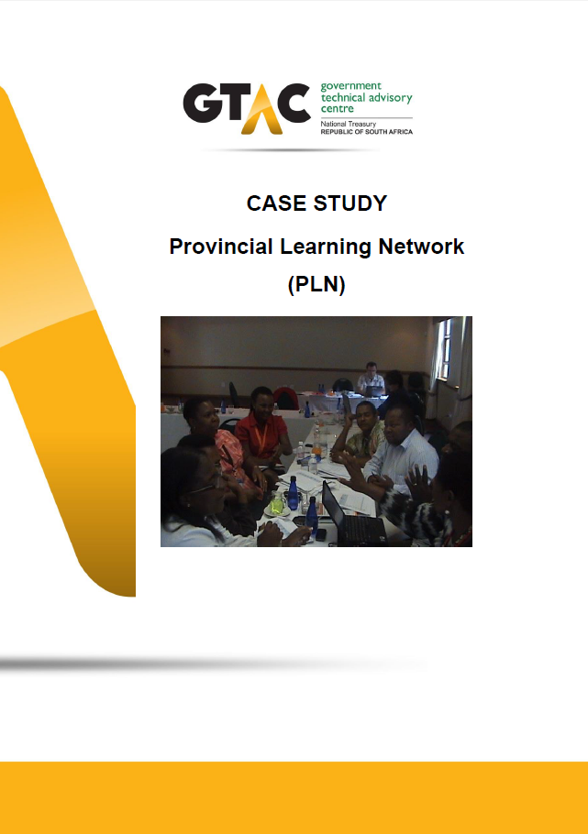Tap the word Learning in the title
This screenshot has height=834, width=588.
point(326,247)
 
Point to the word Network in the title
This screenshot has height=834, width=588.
point(421,247)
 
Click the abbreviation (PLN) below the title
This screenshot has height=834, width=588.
point(316,284)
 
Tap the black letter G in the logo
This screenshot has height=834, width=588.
point(201,103)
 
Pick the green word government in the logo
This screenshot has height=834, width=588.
point(351,87)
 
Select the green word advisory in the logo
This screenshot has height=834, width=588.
point(391,98)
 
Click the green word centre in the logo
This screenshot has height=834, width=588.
point(338,109)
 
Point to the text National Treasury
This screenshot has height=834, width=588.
point(349,124)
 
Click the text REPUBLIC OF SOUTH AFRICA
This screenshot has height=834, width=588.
point(366,132)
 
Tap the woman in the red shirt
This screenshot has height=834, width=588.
point(262,425)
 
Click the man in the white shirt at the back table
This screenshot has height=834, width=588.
point(371,379)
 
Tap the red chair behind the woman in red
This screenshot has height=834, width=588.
point(286,398)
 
